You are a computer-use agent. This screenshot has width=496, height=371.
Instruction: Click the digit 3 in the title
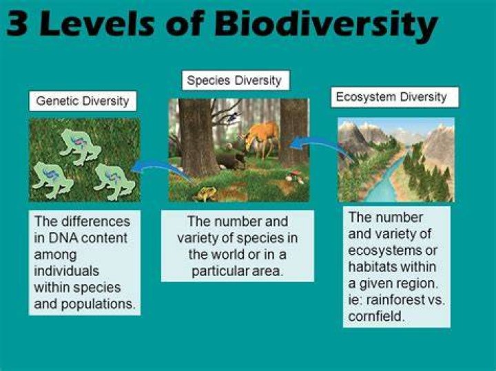(17, 23)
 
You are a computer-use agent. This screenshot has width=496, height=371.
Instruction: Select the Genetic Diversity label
(83, 101)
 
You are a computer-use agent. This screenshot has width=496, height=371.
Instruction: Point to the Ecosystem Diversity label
(391, 97)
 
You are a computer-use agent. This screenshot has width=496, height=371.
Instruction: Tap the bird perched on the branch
(233, 116)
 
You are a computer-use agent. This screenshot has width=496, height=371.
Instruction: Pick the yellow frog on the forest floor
(205, 193)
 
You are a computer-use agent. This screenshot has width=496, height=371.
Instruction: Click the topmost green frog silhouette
(80, 147)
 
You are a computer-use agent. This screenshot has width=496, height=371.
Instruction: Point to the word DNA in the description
(61, 238)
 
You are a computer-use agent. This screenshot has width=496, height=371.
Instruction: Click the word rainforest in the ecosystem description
(395, 299)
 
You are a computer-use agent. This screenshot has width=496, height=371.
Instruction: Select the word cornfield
(376, 316)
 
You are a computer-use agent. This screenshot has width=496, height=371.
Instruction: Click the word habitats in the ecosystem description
(369, 267)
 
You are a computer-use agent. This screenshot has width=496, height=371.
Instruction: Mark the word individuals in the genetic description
(66, 271)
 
